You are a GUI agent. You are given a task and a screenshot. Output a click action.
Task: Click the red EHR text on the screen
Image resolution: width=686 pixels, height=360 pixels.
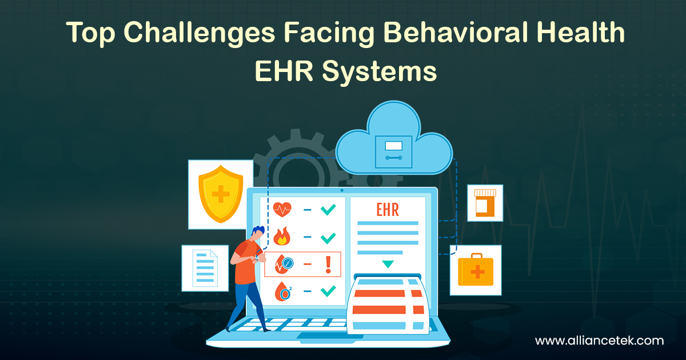point(388,209)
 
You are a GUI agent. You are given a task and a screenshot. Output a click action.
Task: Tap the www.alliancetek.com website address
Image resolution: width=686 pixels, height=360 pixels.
point(599,341)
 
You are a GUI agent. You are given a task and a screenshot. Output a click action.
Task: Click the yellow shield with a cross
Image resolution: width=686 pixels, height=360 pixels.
point(220,194)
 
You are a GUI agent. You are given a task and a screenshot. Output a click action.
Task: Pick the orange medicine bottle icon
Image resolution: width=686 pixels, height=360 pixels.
point(485,202)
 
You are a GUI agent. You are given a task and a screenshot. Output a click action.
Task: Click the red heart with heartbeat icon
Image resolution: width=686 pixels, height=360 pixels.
point(282,210)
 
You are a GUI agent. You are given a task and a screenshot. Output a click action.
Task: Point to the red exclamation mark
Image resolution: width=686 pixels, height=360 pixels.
point(328,263)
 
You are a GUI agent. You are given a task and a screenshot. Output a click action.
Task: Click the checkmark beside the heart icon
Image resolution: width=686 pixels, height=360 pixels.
point(328,210)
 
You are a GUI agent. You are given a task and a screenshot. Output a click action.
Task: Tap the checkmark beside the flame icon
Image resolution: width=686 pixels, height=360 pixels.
point(328,237)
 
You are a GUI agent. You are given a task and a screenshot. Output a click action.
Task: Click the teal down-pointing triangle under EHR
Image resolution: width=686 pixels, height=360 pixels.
point(388,264)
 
